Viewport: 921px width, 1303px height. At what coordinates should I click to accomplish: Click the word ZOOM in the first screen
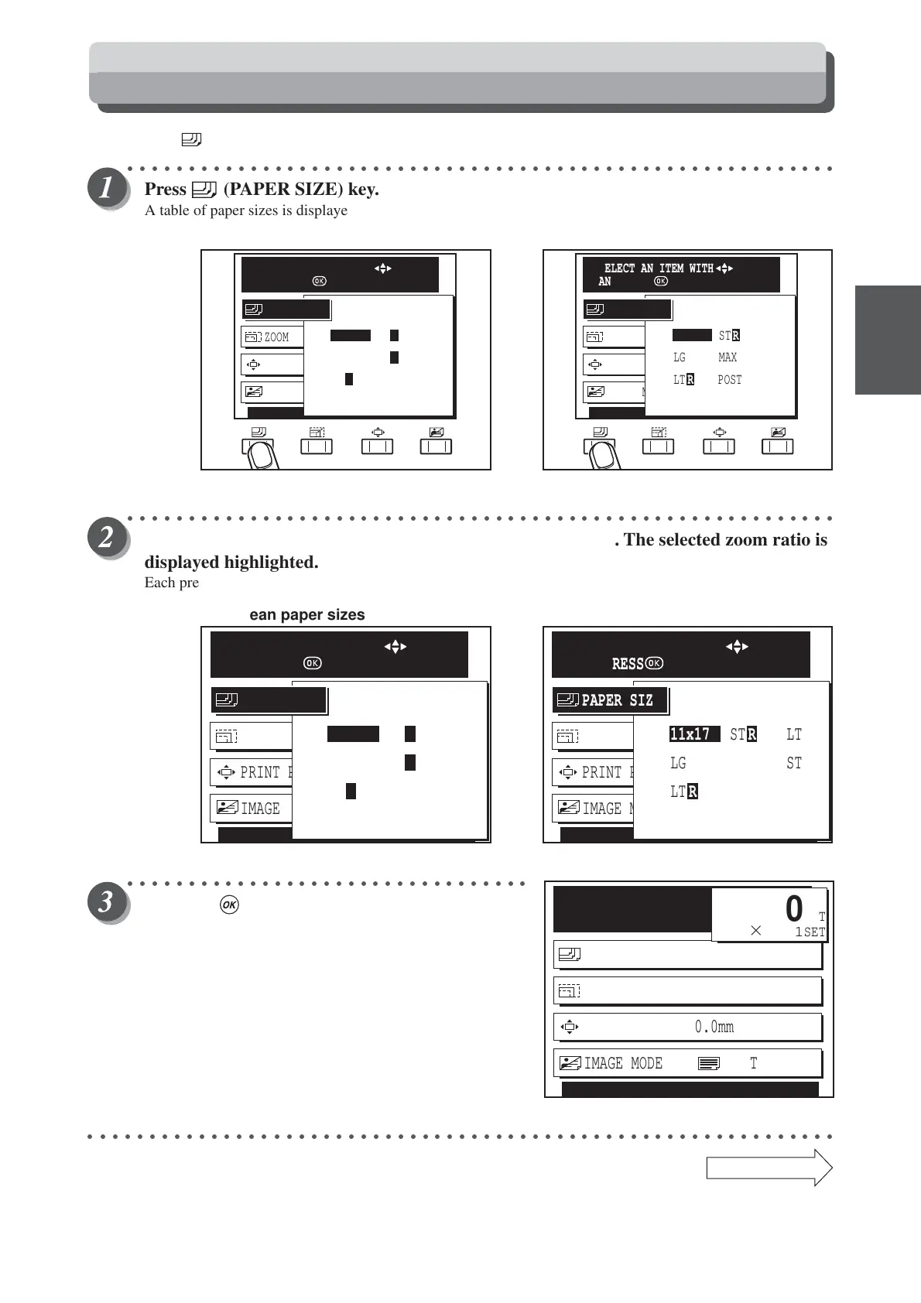click(x=276, y=337)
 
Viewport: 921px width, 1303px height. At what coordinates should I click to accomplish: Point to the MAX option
click(x=728, y=357)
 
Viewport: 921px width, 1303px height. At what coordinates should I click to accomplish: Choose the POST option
click(x=729, y=380)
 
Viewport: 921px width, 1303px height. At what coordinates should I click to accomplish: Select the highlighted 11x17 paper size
click(x=690, y=734)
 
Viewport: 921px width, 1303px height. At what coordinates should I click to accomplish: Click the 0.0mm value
click(x=714, y=1027)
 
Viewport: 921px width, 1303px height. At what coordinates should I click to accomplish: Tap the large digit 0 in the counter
click(x=794, y=909)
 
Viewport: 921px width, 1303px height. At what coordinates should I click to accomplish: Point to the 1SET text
click(x=810, y=932)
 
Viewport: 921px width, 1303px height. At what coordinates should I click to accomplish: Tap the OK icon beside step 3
click(x=229, y=905)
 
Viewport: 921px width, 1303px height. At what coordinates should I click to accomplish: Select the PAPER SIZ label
click(x=617, y=700)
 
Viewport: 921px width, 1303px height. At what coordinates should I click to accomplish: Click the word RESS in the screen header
click(x=628, y=664)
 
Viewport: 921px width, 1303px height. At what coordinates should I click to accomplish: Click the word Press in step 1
click(x=166, y=190)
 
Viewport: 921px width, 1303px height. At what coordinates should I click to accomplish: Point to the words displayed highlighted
click(x=231, y=562)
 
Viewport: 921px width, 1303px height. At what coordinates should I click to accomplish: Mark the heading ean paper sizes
click(x=306, y=615)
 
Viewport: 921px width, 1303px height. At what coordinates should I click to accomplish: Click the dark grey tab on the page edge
click(x=888, y=340)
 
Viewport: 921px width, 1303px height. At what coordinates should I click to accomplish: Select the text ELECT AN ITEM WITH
click(x=659, y=268)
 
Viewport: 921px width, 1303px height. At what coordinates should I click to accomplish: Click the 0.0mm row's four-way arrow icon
click(x=570, y=1027)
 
